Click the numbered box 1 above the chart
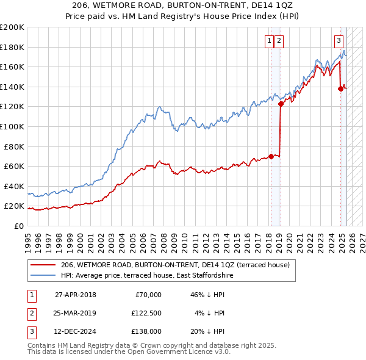[x=269, y=41]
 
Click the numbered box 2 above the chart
[x=279, y=41]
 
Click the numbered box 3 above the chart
[x=339, y=41]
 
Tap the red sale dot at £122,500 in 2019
[x=281, y=104]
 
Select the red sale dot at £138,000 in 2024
[x=340, y=88]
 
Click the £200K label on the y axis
[x=12, y=27]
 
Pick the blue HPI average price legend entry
[x=146, y=276]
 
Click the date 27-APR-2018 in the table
[x=76, y=294]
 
